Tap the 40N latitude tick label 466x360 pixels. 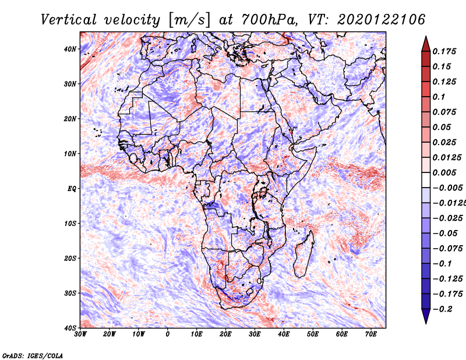point(70,49)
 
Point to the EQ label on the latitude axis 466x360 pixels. point(71,188)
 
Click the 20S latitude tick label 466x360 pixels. point(70,258)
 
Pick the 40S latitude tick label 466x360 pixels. point(70,327)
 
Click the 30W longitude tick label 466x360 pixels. point(80,334)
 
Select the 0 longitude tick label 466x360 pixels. point(168,334)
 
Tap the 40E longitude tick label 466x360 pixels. point(284,334)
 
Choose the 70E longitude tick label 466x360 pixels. point(371,334)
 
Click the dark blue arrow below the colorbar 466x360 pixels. point(426,316)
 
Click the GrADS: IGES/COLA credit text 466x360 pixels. point(33,355)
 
